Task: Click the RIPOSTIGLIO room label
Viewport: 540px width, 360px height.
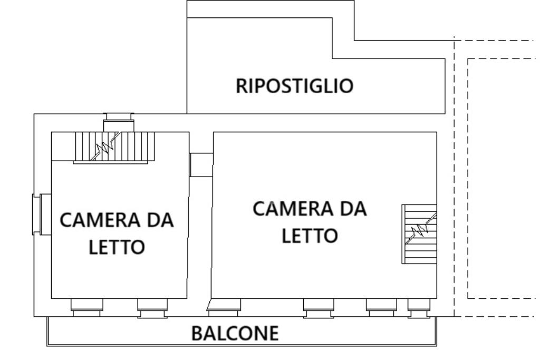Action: pos(294,85)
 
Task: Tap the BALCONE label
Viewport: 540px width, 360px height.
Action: pos(235,333)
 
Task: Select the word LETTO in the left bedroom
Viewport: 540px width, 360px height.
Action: pos(117,247)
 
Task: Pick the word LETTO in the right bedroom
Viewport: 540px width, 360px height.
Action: pos(310,235)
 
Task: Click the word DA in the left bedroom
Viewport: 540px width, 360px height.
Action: pos(158,220)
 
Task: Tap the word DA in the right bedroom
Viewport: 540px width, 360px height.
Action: pos(352,209)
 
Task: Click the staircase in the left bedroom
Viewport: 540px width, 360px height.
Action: pos(114,147)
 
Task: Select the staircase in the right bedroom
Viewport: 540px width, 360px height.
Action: pos(419,233)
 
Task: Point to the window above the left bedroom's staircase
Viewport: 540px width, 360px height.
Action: pos(119,122)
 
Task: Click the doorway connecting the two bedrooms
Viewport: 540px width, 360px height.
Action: pos(201,165)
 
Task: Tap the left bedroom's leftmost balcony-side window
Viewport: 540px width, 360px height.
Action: pos(86,307)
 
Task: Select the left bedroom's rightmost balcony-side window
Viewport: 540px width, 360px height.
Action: pos(152,307)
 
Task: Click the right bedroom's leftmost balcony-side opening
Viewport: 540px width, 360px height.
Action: pos(224,307)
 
